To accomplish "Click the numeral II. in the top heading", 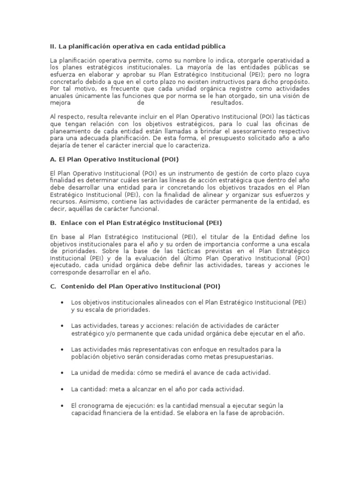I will (x=53, y=46).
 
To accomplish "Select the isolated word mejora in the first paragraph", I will (x=60, y=103).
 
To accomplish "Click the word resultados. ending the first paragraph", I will (x=227, y=103).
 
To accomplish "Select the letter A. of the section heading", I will (x=52, y=159).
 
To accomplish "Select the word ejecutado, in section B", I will (x=65, y=265).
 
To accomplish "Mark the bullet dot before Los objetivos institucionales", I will (x=62, y=303).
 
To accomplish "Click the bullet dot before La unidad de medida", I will (x=62, y=373).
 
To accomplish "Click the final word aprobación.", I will (x=267, y=412).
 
